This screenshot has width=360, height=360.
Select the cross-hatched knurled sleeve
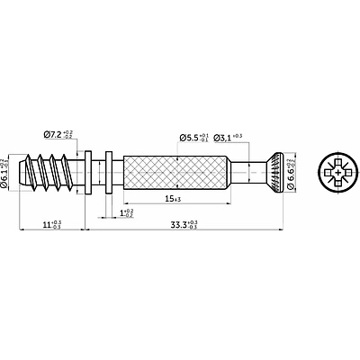175,171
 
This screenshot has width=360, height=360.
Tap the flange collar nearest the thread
89,171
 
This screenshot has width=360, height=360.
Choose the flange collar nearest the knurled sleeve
109,171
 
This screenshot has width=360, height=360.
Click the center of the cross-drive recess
337,171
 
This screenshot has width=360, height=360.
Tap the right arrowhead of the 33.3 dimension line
282,230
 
